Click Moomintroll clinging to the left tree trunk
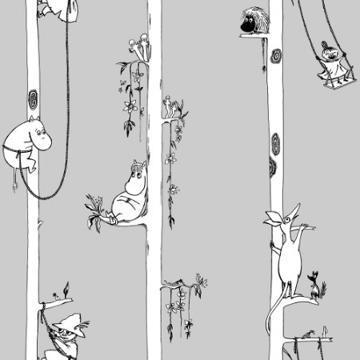point(30,142)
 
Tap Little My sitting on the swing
point(329,60)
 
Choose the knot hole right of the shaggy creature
point(277,58)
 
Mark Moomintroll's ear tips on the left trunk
point(30,120)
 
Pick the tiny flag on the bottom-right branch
point(325,329)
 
